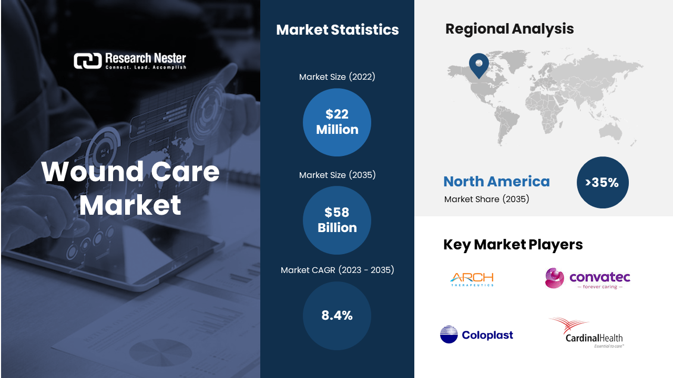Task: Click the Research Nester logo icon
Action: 87,60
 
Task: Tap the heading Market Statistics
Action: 338,30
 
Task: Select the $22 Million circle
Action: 337,122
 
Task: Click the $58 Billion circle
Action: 337,220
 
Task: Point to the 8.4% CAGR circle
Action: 337,316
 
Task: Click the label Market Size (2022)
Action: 337,77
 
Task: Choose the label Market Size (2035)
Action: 337,175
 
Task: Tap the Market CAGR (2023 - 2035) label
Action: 337,270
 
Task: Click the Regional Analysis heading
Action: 509,29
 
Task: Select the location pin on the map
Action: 479,65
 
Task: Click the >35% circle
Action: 603,182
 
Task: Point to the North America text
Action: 496,182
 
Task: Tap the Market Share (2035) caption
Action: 486,199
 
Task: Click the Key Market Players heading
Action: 513,245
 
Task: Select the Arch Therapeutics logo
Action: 472,279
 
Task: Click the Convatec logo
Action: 587,278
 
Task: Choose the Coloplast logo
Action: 476,334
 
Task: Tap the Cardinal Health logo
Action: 587,332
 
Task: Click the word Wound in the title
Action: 93,172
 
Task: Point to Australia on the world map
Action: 610,132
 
